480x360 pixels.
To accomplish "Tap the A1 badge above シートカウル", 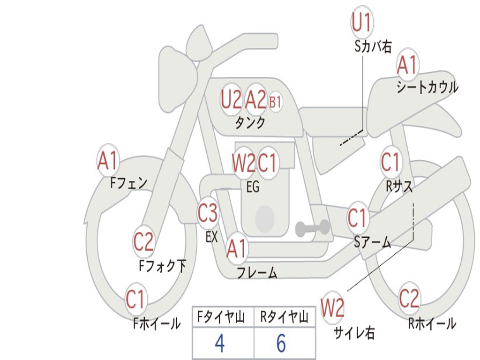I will (407, 65).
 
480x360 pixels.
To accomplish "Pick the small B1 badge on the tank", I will (275, 102).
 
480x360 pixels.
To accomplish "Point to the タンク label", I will (250, 123).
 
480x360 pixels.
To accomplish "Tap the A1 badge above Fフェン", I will (108, 161).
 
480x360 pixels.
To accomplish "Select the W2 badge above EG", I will (244, 164).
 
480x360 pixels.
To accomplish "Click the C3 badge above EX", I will (208, 214).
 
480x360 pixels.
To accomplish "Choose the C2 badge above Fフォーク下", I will (143, 242).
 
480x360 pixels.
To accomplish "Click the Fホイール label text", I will (157, 323).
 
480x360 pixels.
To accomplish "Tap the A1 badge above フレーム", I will (236, 249).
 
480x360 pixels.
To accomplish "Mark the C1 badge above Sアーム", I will (358, 218).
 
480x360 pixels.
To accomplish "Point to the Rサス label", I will (399, 186).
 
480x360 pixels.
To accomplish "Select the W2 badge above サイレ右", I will (332, 308).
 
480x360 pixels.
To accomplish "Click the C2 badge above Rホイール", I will (409, 298).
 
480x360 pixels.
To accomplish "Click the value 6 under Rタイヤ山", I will (281, 344).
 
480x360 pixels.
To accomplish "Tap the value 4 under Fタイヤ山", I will (220, 344).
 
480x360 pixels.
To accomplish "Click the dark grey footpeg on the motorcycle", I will (312, 228).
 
